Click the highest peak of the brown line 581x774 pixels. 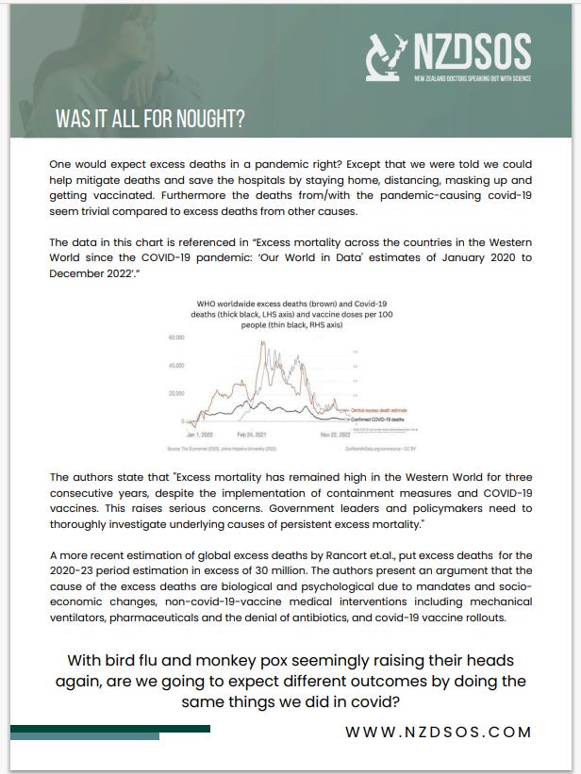262,341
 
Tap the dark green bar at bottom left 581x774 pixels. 108,729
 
